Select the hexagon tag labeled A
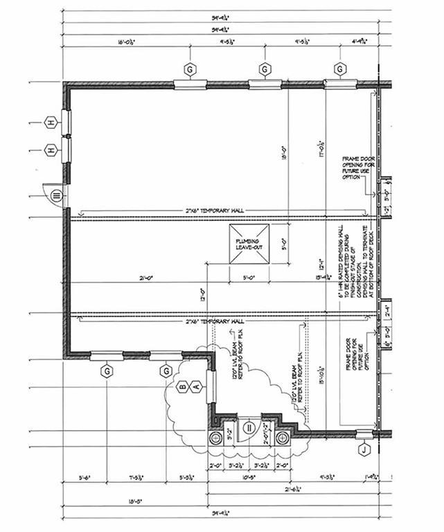(196, 386)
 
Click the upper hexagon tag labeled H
(51, 123)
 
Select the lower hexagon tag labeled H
(51, 150)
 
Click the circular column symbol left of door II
(215, 438)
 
